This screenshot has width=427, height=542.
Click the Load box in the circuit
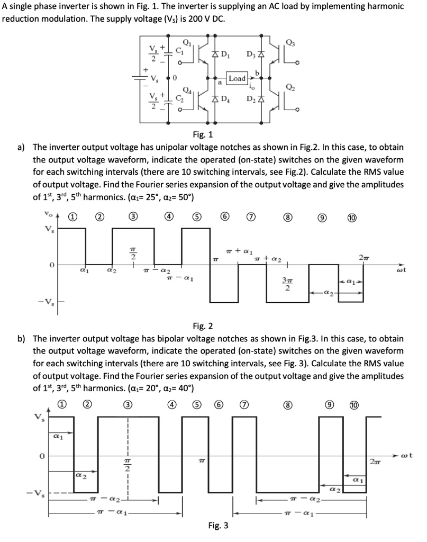(x=237, y=78)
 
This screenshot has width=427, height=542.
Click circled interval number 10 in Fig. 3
(x=355, y=405)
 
